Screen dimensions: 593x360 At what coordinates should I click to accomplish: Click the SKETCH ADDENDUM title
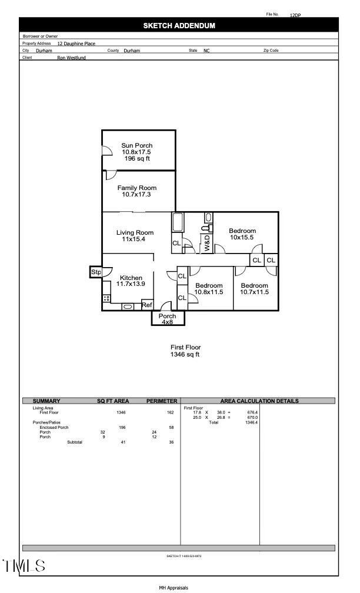pos(179,26)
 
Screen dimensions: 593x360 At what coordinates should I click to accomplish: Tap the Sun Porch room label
pos(137,152)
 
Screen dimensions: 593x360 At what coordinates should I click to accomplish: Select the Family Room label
pos(137,191)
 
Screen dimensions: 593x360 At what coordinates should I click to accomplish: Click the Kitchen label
pos(131,281)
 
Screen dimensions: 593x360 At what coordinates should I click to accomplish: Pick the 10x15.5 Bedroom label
pos(242,234)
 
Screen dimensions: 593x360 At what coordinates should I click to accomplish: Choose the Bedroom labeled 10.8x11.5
pos(209,288)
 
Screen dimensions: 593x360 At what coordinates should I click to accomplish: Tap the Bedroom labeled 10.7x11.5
pos(254,288)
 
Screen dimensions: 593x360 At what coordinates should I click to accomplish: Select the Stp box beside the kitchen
pos(95,272)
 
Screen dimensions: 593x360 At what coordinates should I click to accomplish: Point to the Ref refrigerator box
pos(147,305)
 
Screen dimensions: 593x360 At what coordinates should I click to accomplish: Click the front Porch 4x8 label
pos(168,319)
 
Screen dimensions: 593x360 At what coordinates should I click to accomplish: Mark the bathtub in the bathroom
pos(178,223)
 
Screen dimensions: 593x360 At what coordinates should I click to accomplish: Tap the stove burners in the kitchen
pos(106,299)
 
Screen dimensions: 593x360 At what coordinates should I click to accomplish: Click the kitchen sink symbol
pos(127,307)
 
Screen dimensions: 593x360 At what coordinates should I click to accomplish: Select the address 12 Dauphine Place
pos(76,44)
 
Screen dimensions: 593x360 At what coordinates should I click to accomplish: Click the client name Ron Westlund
pos(71,58)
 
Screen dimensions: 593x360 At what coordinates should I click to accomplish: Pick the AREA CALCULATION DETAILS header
pos(259,401)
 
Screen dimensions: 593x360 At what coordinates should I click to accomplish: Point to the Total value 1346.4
pos(251,422)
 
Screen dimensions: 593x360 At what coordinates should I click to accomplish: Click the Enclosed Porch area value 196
pos(122,428)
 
